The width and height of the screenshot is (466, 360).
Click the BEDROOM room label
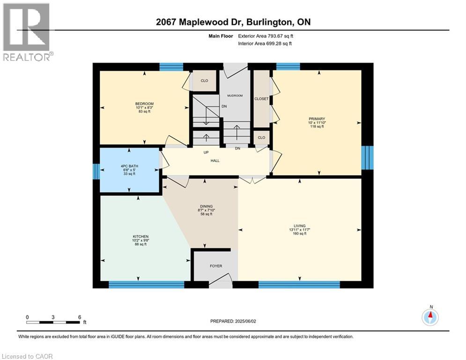coord(144,104)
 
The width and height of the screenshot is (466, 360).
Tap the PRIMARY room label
coord(317,119)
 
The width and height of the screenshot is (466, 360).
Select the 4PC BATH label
coord(129,166)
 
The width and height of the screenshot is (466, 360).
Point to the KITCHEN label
coord(141,237)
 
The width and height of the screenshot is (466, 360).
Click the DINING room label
coord(206,206)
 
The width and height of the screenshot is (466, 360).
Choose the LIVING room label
coord(300,226)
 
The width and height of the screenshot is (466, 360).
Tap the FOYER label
coord(216,266)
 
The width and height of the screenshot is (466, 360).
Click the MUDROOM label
coord(235,96)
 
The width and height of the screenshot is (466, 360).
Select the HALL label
coord(215,161)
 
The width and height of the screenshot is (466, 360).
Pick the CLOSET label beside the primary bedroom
coord(261,99)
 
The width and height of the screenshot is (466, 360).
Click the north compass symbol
coord(430,317)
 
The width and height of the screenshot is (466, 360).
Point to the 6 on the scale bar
coord(80,317)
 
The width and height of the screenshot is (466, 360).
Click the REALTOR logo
coord(26,32)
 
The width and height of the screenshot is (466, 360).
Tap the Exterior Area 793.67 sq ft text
coord(266,36)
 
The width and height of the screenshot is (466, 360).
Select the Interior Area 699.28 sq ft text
coord(265,44)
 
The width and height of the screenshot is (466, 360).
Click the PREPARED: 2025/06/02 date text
coord(233,321)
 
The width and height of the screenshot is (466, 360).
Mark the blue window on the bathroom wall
coord(96,172)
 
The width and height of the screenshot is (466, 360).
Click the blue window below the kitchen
coord(147,285)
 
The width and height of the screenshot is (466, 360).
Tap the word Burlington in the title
coord(269,22)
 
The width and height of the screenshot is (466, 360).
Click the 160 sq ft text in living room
coord(300,233)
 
